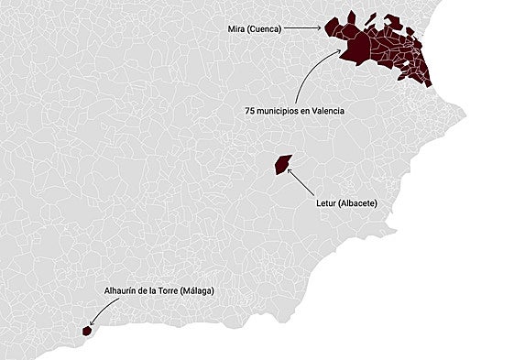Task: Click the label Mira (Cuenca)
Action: click(254, 29)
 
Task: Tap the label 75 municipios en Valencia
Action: click(294, 111)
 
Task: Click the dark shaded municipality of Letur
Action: click(282, 164)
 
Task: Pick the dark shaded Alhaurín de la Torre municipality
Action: click(86, 331)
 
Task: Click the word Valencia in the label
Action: click(327, 111)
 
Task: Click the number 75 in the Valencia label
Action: click(249, 111)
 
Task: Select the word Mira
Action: click(236, 29)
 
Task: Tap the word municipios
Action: click(279, 111)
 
